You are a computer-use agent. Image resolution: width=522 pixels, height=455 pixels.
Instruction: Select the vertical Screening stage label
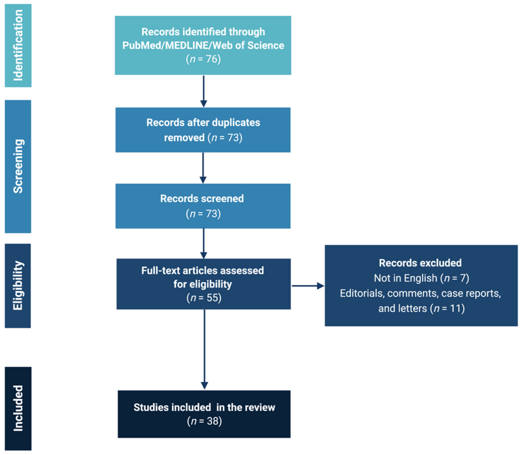(x=18, y=166)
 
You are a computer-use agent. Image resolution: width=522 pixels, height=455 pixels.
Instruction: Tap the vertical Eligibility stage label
(x=18, y=285)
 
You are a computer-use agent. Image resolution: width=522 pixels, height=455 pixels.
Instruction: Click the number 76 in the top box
(x=212, y=59)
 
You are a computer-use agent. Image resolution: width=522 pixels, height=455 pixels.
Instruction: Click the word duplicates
(x=236, y=123)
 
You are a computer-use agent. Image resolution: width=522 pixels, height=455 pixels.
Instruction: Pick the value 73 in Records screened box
(x=211, y=214)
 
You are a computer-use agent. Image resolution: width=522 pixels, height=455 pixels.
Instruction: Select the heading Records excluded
(x=420, y=263)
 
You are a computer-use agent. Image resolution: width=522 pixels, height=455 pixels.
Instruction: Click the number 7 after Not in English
(x=463, y=278)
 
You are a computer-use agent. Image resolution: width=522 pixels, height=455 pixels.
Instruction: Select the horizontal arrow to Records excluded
(x=308, y=286)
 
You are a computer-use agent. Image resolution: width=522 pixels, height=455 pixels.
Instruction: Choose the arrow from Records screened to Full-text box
(x=204, y=243)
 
